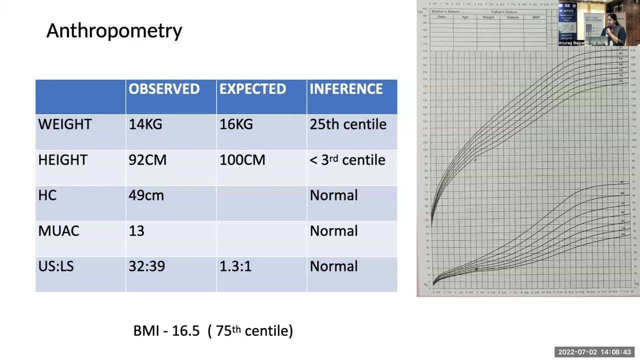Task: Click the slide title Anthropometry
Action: pyautogui.click(x=114, y=31)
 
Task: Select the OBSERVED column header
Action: pyautogui.click(x=164, y=89)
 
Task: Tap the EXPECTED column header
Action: pyautogui.click(x=252, y=89)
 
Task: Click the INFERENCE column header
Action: pyautogui.click(x=346, y=89)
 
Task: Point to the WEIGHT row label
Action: pyautogui.click(x=65, y=124)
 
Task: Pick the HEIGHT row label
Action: pyautogui.click(x=62, y=160)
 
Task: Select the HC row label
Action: pyautogui.click(x=47, y=195)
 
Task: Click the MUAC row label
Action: pyautogui.click(x=58, y=231)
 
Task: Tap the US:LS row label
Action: pyautogui.click(x=56, y=266)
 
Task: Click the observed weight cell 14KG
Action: pyautogui.click(x=145, y=124)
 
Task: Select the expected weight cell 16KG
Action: pyautogui.click(x=236, y=124)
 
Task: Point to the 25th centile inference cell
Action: pyautogui.click(x=348, y=124)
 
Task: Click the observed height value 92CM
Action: pyautogui.click(x=147, y=160)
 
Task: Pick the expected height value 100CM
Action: pyautogui.click(x=242, y=160)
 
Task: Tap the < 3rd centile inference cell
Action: pyautogui.click(x=347, y=160)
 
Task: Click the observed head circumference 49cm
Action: pyautogui.click(x=146, y=195)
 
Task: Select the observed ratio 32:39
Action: pyautogui.click(x=146, y=266)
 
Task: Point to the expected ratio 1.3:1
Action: pyautogui.click(x=235, y=266)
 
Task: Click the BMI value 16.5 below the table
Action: pyautogui.click(x=185, y=331)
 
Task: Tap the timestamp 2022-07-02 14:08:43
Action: pyautogui.click(x=594, y=352)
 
